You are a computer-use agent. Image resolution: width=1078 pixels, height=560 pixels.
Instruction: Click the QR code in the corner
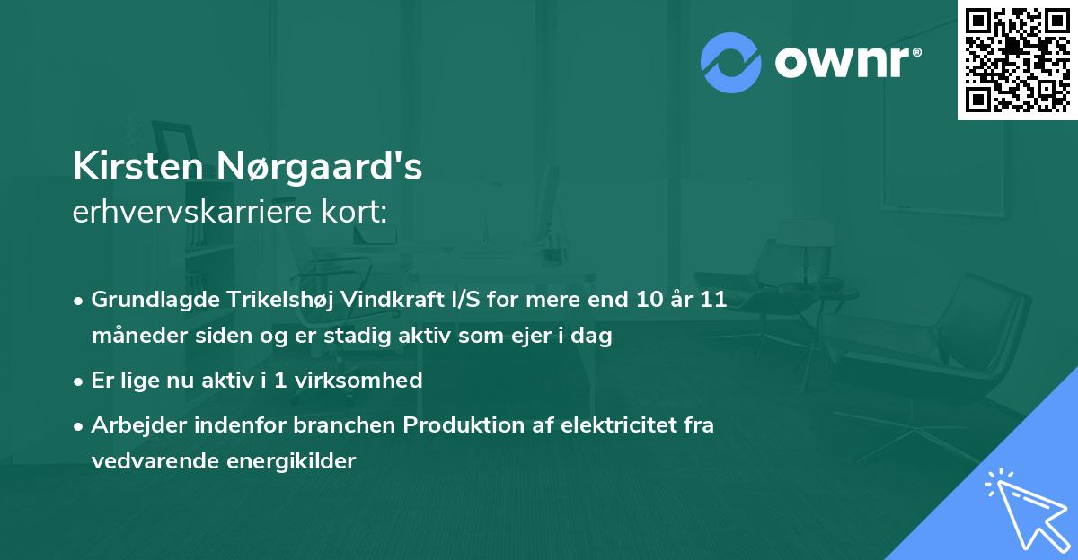tap(1016, 59)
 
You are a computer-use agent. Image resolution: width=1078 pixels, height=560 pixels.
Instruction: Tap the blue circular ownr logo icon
tap(732, 62)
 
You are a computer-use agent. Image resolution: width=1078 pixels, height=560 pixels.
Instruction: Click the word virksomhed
tap(368, 380)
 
